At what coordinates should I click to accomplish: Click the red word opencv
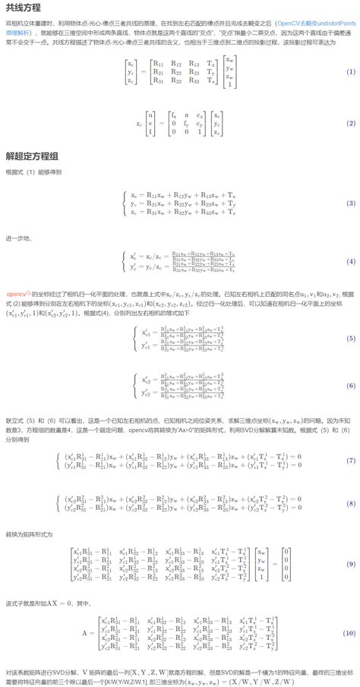(x=16, y=293)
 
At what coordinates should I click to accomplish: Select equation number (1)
(x=350, y=71)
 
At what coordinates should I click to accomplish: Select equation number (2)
(x=350, y=122)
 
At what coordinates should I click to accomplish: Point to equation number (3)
(x=350, y=204)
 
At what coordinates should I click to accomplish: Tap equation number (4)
(x=350, y=262)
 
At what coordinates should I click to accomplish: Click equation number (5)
(x=350, y=338)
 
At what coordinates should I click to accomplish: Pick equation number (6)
(x=350, y=386)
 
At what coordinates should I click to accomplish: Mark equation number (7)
(x=350, y=461)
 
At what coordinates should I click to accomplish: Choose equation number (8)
(x=350, y=503)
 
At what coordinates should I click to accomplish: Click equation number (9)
(x=350, y=564)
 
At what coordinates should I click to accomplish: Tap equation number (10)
(x=350, y=632)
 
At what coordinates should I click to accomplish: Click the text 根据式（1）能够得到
(x=30, y=172)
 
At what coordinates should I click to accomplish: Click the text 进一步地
(x=18, y=238)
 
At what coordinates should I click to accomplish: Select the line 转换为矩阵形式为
(x=29, y=534)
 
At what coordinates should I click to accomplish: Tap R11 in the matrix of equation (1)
(x=157, y=63)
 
